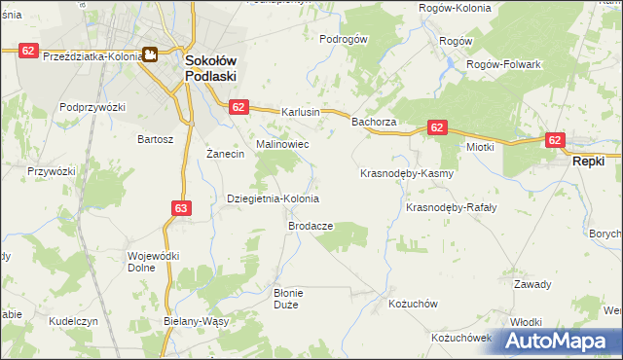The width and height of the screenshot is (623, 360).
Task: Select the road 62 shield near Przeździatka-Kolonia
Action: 28,50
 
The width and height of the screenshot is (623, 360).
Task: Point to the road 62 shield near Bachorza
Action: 437,127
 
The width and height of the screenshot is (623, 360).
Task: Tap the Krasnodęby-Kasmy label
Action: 408,174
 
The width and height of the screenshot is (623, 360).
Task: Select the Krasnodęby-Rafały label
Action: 451,207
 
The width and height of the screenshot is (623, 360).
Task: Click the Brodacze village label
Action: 311,226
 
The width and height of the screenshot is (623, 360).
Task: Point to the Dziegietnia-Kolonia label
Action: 273,198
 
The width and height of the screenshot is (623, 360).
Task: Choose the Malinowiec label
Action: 282,144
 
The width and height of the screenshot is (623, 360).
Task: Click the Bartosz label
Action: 156,139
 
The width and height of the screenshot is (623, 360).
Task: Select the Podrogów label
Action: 344,40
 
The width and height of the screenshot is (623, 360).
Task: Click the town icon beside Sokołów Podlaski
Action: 152,55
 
